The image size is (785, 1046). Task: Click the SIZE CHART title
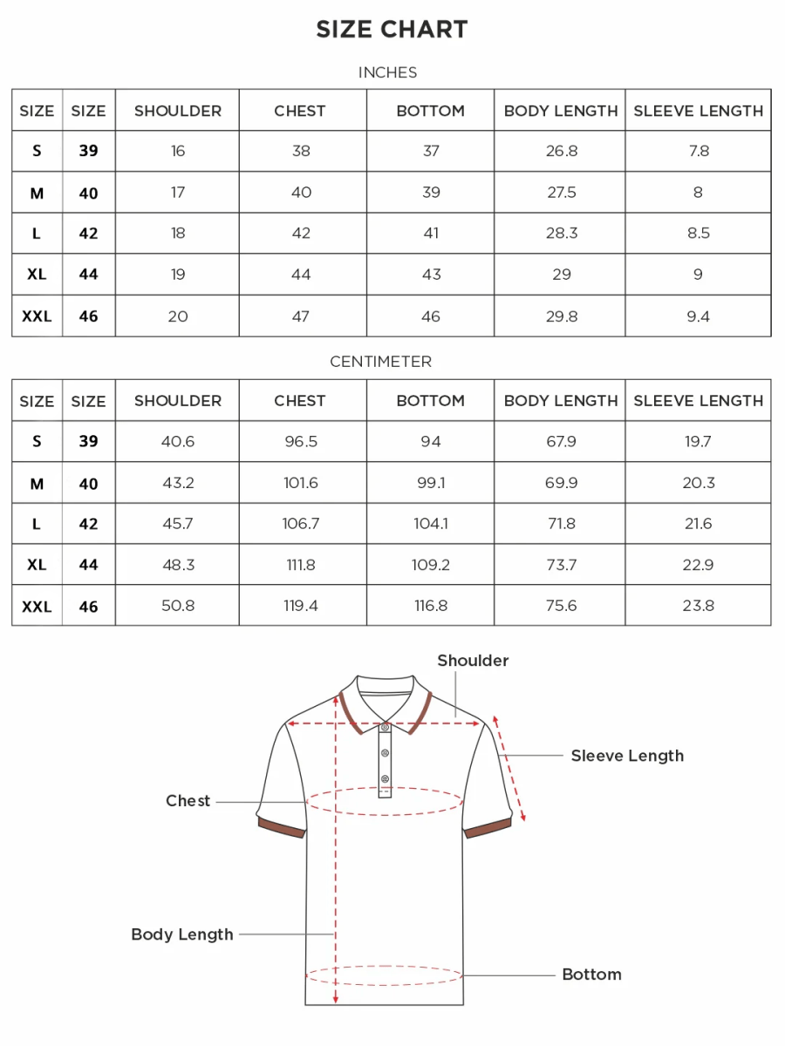click(x=392, y=30)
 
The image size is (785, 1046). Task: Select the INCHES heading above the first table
click(x=387, y=72)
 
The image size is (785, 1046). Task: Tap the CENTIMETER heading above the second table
click(x=380, y=362)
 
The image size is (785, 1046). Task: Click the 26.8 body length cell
click(x=561, y=151)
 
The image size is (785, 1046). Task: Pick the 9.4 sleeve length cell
click(x=698, y=316)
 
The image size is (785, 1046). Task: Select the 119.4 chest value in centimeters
click(x=301, y=606)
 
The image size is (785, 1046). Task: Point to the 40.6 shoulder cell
click(x=178, y=441)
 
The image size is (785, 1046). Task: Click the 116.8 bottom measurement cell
click(x=431, y=606)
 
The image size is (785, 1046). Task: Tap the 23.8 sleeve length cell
click(x=698, y=606)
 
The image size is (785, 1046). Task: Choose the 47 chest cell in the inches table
click(x=301, y=316)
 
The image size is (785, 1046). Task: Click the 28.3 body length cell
click(x=561, y=234)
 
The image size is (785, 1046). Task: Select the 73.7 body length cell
click(x=561, y=565)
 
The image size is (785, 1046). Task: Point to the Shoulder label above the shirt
click(x=473, y=661)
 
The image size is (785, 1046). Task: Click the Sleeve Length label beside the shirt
click(x=627, y=756)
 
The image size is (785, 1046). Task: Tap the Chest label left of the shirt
click(x=188, y=801)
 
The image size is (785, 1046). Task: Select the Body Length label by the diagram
click(x=182, y=934)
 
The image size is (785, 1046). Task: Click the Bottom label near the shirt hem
click(x=591, y=975)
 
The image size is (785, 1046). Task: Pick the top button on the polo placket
click(x=385, y=727)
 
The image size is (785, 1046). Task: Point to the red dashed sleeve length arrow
click(x=509, y=767)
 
